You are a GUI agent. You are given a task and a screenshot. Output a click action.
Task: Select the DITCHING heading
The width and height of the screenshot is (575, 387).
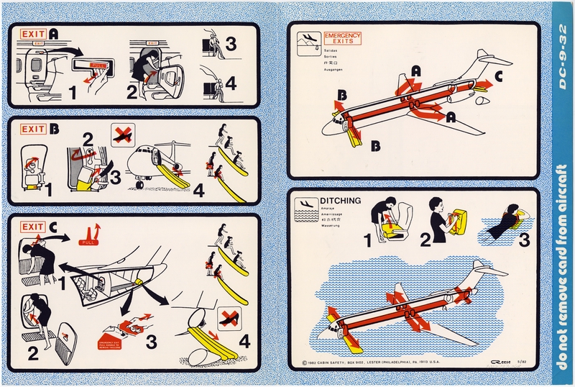point(344,201)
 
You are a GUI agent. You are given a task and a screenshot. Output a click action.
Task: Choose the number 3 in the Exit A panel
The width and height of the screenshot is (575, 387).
point(230,44)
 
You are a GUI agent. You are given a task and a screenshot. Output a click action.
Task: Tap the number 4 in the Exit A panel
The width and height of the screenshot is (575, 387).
point(230,83)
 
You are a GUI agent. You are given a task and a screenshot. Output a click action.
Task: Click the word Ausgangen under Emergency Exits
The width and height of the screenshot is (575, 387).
point(335,71)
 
